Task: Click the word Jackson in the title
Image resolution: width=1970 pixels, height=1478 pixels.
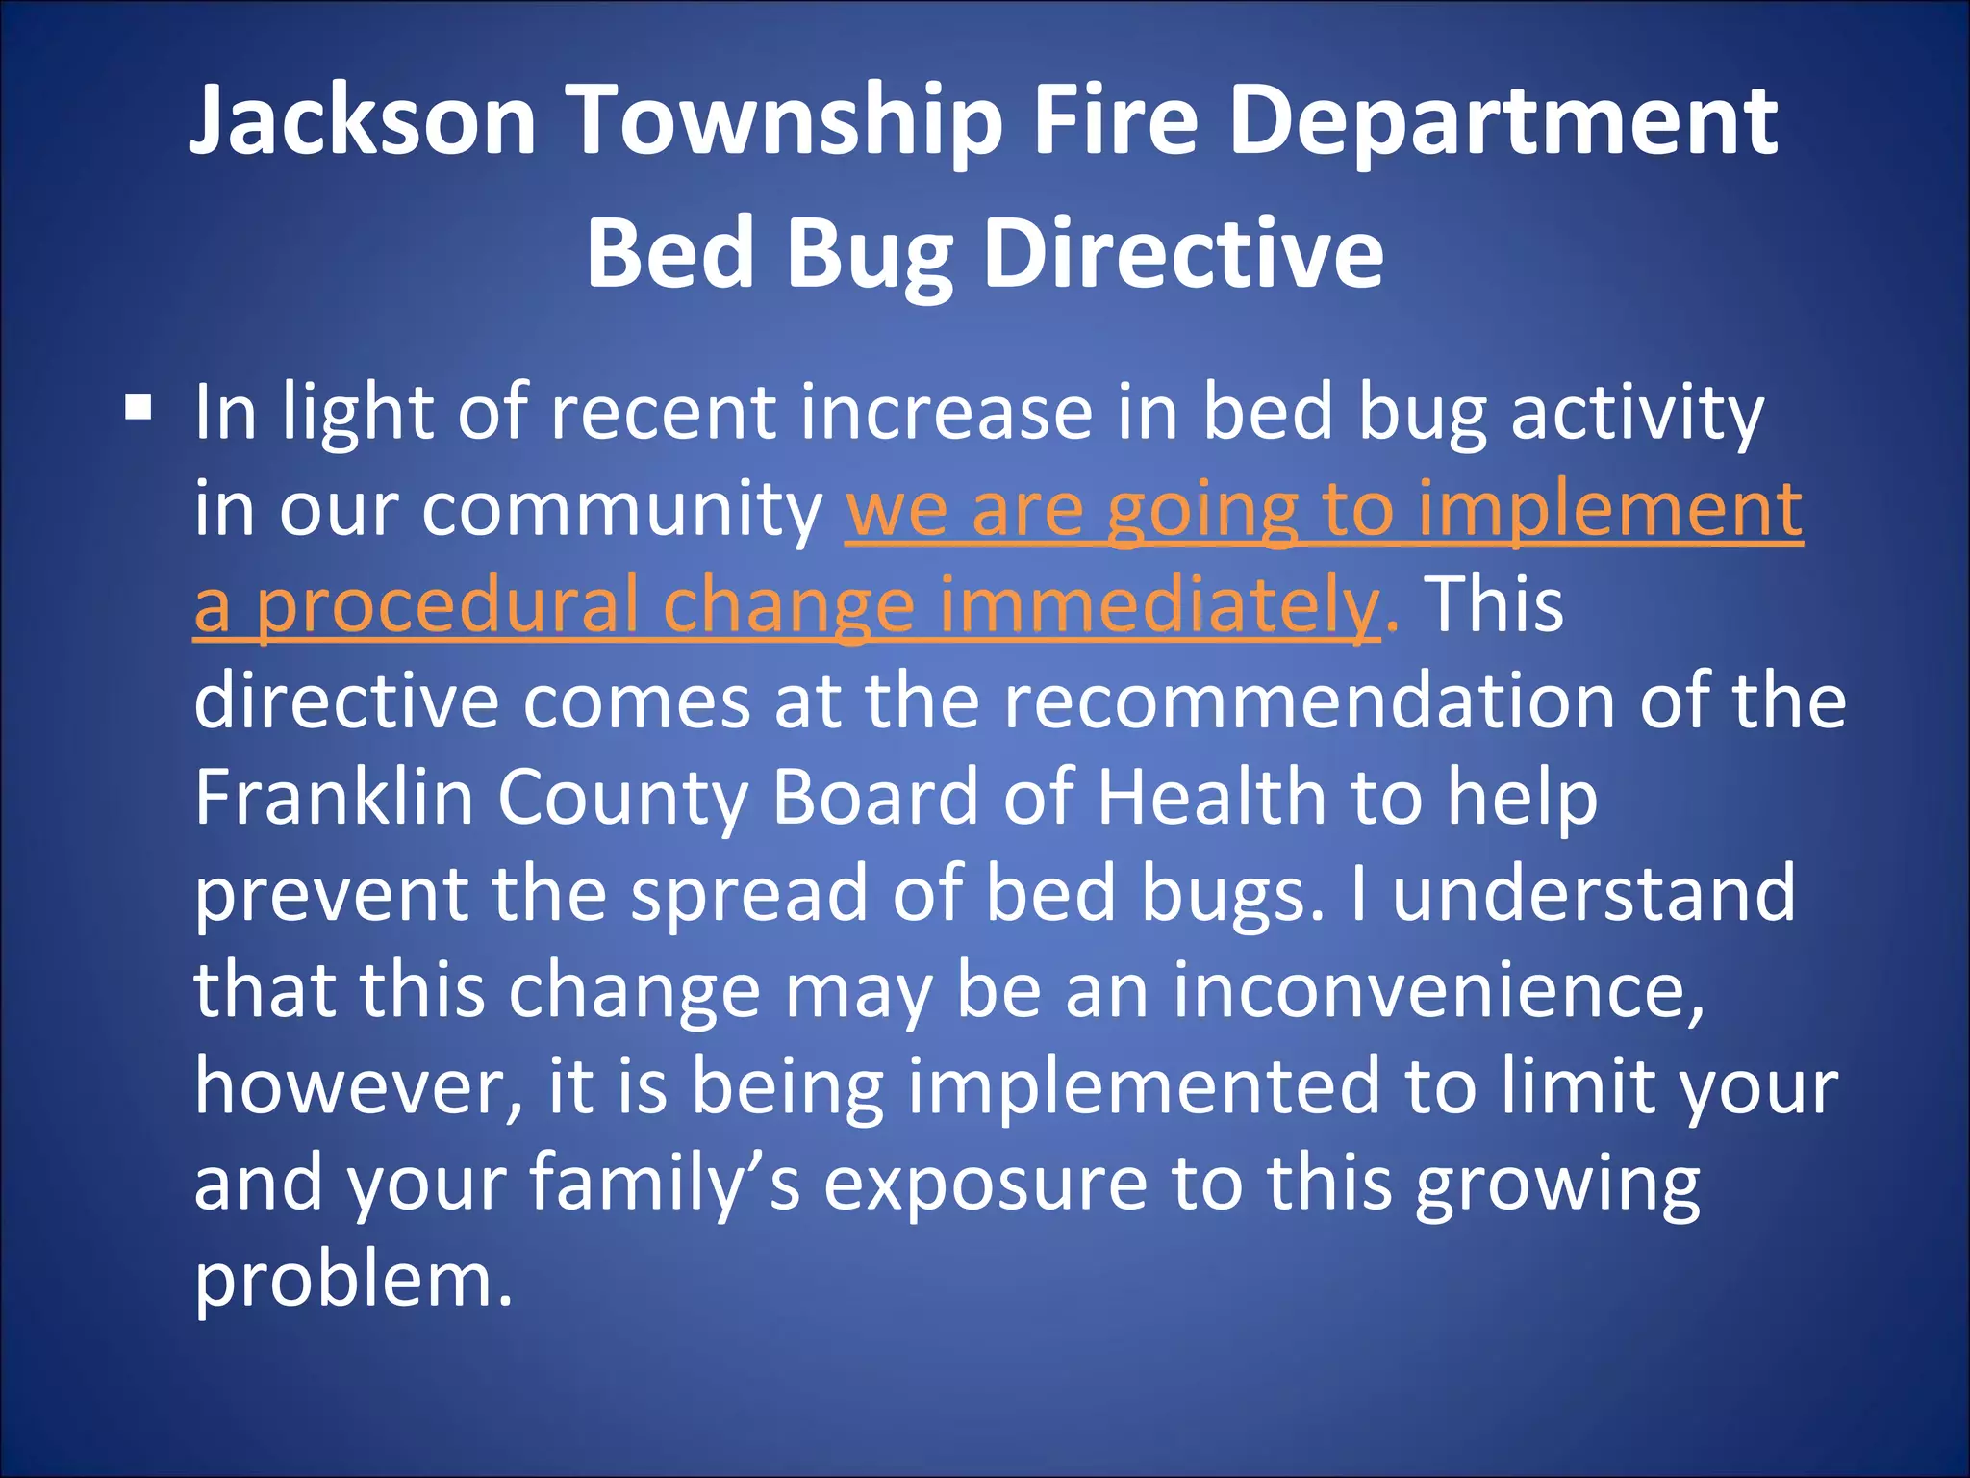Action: (x=363, y=120)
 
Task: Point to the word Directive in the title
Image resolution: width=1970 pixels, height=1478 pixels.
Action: (x=1183, y=253)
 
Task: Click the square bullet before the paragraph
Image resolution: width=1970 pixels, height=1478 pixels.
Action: (x=139, y=408)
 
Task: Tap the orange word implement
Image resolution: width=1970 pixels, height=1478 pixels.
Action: (x=1610, y=509)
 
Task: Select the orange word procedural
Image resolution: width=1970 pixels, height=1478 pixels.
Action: (x=447, y=606)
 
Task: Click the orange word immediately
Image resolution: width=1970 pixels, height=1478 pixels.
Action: (x=1159, y=606)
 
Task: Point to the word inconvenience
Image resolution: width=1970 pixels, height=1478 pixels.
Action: (x=1437, y=990)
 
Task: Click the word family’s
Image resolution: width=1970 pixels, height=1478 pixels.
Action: (x=665, y=1184)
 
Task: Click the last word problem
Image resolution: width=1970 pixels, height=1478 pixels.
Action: (x=352, y=1282)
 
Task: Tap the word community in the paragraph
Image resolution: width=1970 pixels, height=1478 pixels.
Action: (x=621, y=509)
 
